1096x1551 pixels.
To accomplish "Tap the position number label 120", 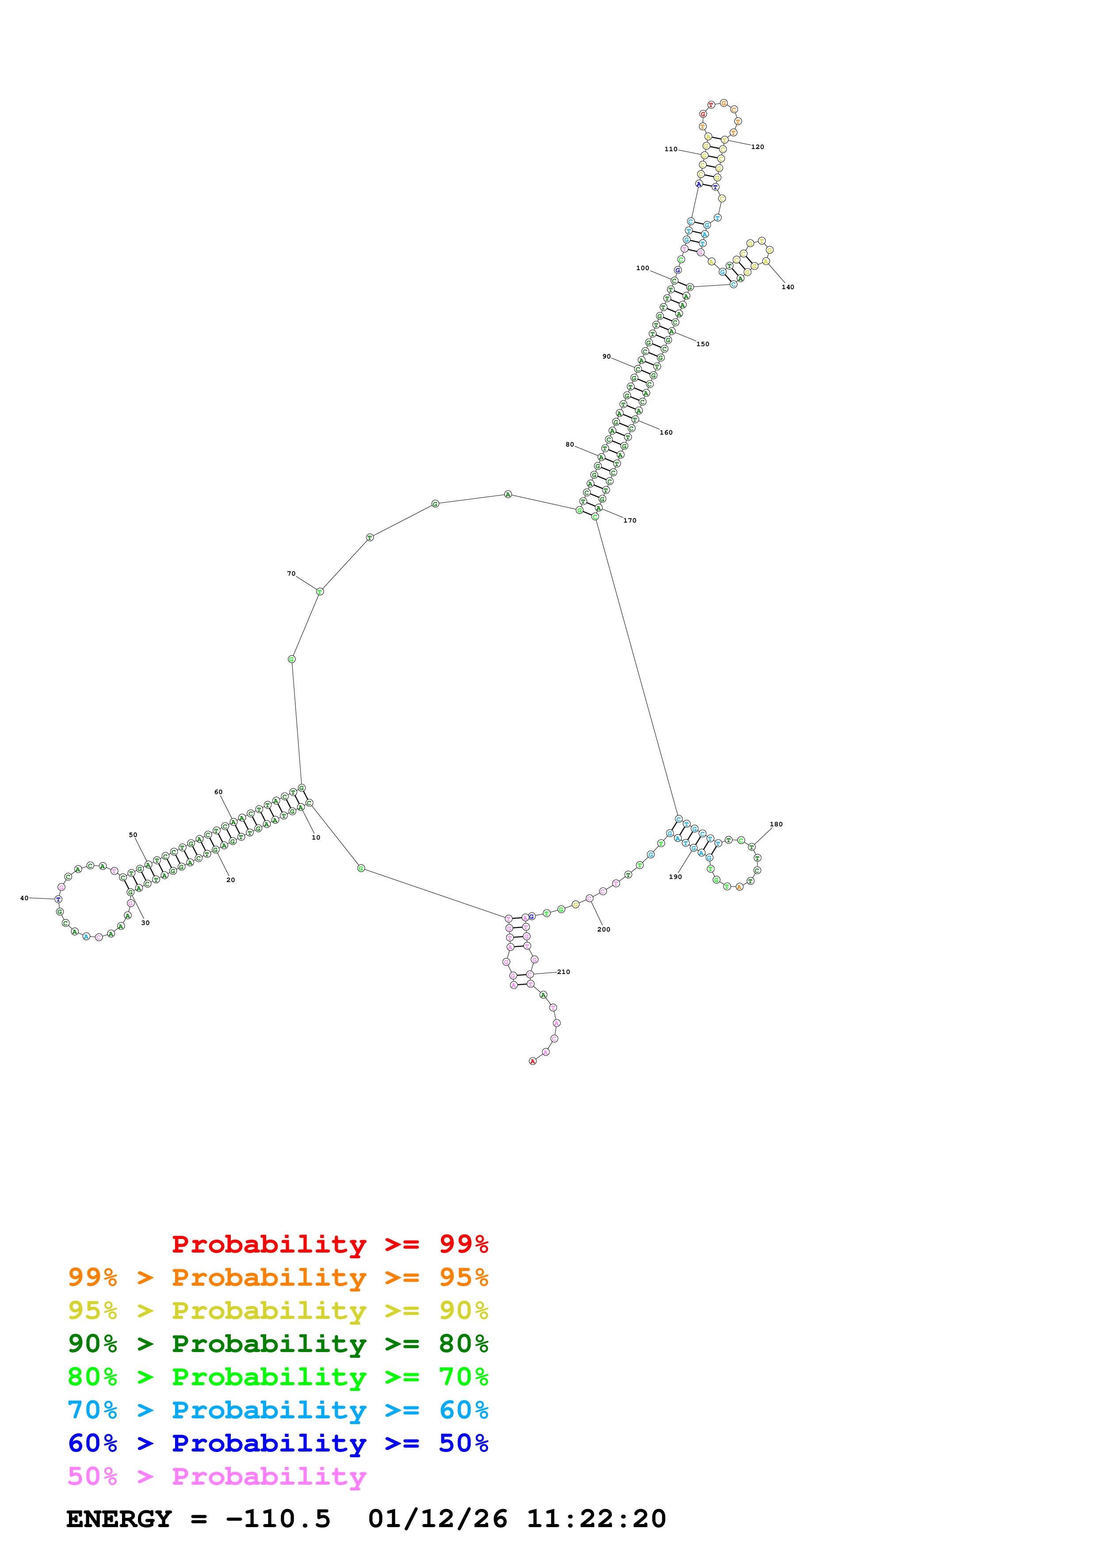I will point(758,147).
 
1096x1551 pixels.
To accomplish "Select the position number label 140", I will point(787,287).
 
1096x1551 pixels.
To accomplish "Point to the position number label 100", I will point(642,268).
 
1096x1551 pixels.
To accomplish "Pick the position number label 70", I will point(291,573).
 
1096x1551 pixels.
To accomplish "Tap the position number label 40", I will point(24,898).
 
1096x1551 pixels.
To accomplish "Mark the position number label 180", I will point(776,824).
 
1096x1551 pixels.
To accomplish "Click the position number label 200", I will point(604,929).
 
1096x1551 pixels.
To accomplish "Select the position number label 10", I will point(315,838).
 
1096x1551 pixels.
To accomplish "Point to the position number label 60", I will point(218,792).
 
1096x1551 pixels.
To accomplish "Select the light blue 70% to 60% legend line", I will point(278,1410).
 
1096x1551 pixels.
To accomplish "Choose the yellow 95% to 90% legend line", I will point(278,1310).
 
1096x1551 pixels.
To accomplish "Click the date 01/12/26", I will point(438,1519).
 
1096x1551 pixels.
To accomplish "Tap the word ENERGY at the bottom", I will point(119,1519).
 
